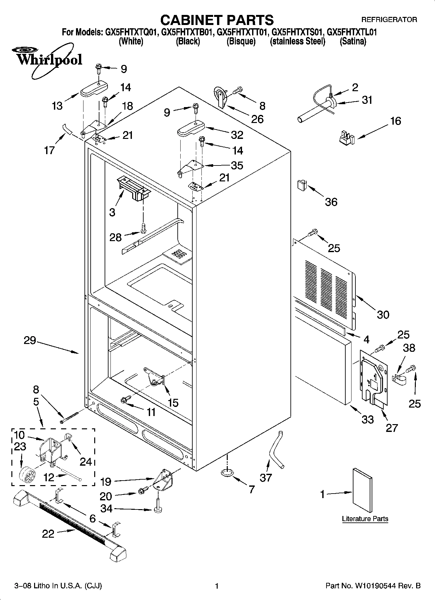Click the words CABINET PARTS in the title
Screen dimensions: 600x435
(217, 20)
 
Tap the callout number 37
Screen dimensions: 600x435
(266, 477)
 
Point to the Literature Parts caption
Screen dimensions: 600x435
(365, 519)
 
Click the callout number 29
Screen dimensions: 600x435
(30, 341)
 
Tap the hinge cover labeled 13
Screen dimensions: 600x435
(94, 89)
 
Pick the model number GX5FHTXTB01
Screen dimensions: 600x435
(187, 32)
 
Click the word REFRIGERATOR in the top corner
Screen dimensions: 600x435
(389, 20)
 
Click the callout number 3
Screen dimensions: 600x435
(112, 213)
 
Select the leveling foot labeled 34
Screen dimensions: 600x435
(158, 509)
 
